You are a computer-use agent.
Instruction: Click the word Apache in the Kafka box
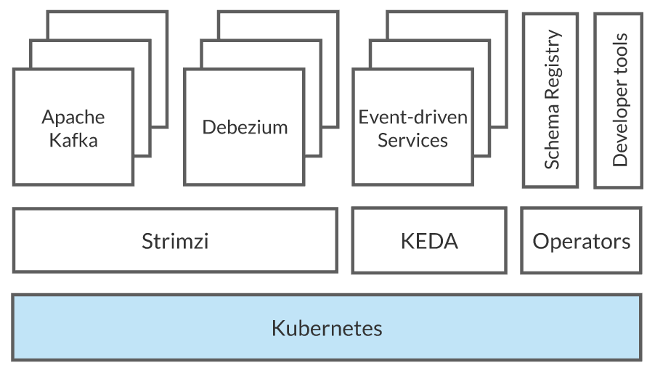(x=73, y=117)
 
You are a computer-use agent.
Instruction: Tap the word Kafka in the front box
(x=73, y=139)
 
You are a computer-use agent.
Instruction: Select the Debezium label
(x=244, y=127)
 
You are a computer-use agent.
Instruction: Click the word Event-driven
(x=412, y=117)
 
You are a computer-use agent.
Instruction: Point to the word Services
(x=412, y=139)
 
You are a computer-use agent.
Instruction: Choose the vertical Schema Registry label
(x=551, y=99)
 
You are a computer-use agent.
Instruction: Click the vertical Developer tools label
(x=619, y=99)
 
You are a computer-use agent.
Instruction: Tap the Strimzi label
(x=175, y=241)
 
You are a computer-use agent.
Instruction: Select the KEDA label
(x=429, y=241)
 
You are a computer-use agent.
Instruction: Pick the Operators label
(x=581, y=241)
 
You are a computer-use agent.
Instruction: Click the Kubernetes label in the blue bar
(x=327, y=327)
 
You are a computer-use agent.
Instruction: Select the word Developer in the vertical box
(x=619, y=120)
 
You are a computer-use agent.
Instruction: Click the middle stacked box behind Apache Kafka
(x=142, y=54)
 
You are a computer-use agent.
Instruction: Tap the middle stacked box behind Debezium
(x=312, y=54)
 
